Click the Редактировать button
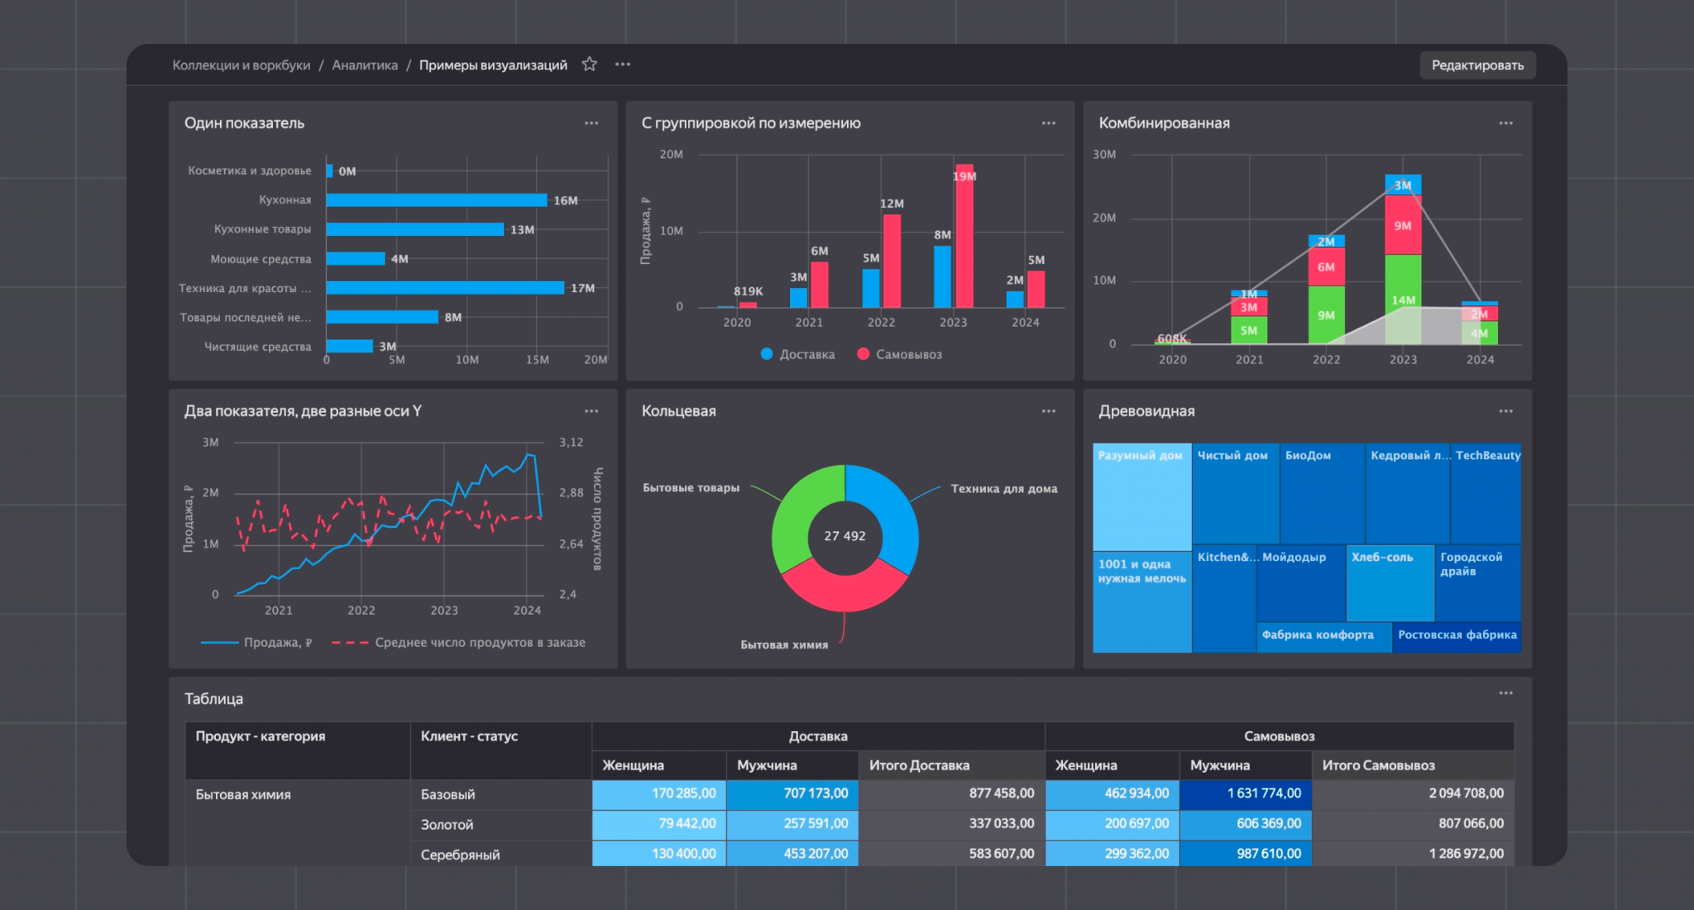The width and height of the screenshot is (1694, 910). (x=1477, y=65)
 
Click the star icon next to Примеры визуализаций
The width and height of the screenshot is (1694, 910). (x=589, y=65)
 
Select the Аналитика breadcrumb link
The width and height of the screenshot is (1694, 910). (x=365, y=65)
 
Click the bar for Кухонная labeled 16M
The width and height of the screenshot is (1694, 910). (x=437, y=200)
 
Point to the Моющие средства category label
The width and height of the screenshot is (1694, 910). (x=261, y=259)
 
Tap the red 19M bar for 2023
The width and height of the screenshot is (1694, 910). (x=964, y=236)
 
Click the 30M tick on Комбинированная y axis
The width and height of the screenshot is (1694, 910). (x=1104, y=155)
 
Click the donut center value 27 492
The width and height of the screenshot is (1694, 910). (x=845, y=536)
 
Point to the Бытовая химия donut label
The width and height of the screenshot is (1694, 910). (x=784, y=644)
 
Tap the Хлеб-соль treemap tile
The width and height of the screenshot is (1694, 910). (x=1390, y=582)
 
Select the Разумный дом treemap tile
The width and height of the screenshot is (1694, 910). (x=1141, y=497)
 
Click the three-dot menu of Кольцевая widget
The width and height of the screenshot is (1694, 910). (x=1048, y=411)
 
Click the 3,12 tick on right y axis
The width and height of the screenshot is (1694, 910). (x=571, y=443)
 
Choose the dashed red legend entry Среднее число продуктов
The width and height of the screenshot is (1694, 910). (x=458, y=643)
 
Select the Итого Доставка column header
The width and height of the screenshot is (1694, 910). (x=919, y=765)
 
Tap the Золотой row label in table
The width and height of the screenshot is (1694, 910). (x=447, y=825)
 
